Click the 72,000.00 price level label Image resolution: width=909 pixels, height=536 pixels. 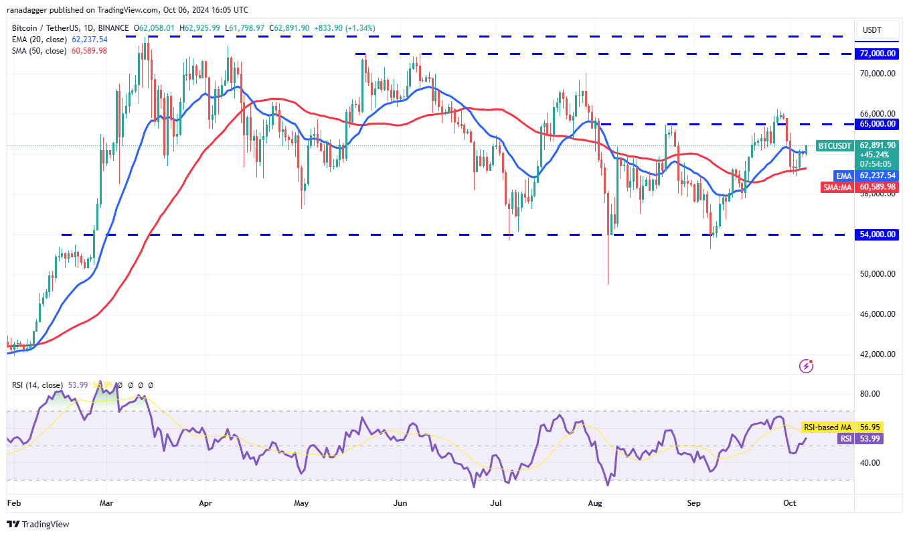click(x=877, y=53)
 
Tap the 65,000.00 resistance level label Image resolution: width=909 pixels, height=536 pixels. click(x=877, y=124)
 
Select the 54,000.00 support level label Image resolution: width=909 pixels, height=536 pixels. click(x=877, y=234)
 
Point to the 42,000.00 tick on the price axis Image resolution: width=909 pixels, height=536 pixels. click(x=877, y=354)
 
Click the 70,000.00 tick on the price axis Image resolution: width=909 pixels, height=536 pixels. click(x=877, y=73)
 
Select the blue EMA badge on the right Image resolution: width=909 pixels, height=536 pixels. click(x=844, y=176)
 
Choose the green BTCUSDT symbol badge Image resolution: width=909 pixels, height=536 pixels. click(x=837, y=145)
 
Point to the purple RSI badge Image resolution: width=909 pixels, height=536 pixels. click(x=846, y=438)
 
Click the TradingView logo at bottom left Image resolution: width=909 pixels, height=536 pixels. click(x=38, y=524)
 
